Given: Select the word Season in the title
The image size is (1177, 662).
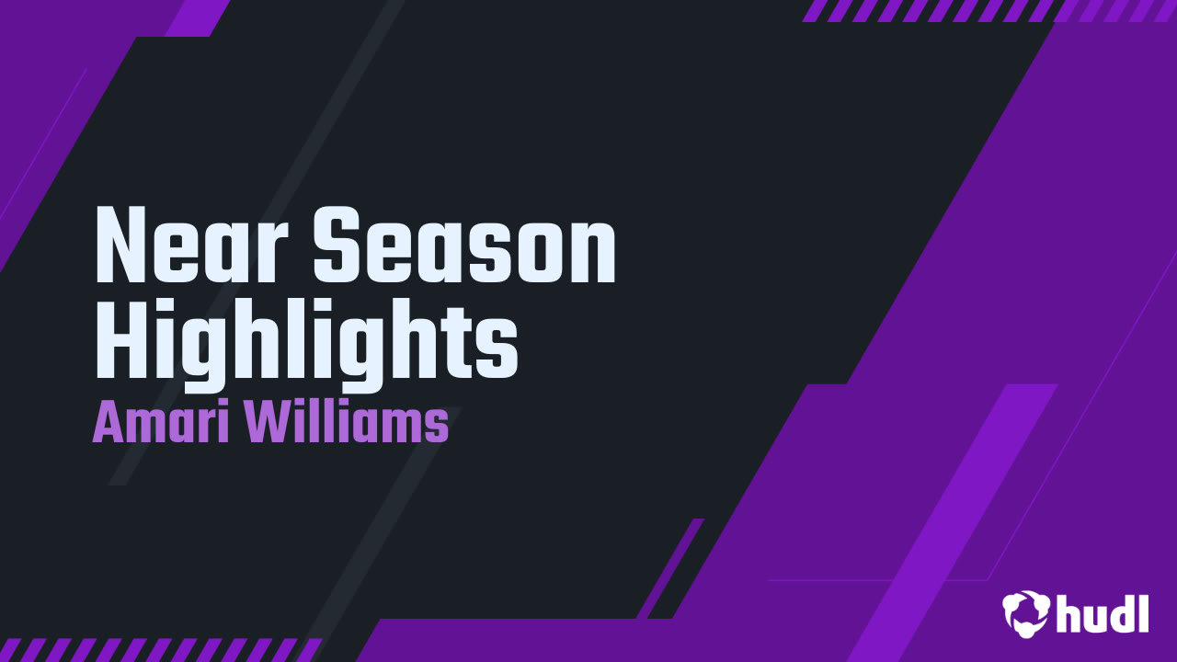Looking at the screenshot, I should [464, 245].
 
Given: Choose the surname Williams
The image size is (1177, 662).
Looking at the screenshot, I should [347, 424].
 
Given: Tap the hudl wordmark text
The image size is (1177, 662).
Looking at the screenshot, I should [1103, 613].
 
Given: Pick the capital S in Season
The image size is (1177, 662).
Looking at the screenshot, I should [337, 245].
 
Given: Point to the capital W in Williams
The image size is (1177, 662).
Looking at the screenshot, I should [268, 424].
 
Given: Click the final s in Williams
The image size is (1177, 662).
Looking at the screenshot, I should [438, 428].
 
